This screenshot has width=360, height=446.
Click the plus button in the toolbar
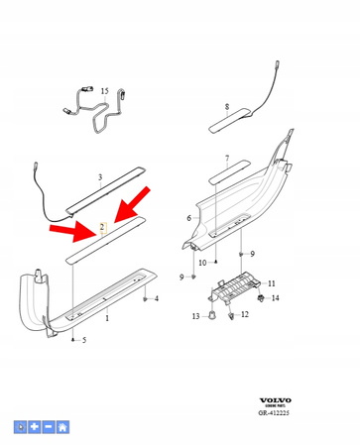click(35, 427)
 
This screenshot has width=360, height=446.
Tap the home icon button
click(62, 427)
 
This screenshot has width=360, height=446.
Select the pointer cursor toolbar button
click(21, 427)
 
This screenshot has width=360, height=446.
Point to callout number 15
click(105, 91)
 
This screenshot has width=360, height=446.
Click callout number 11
click(272, 283)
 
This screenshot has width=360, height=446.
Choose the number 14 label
click(276, 298)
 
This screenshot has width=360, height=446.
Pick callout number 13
click(196, 316)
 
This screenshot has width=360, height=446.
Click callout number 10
click(202, 263)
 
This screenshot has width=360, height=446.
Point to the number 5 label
click(84, 340)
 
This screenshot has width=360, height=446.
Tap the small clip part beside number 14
click(260, 296)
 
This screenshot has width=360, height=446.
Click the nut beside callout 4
click(145, 297)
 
